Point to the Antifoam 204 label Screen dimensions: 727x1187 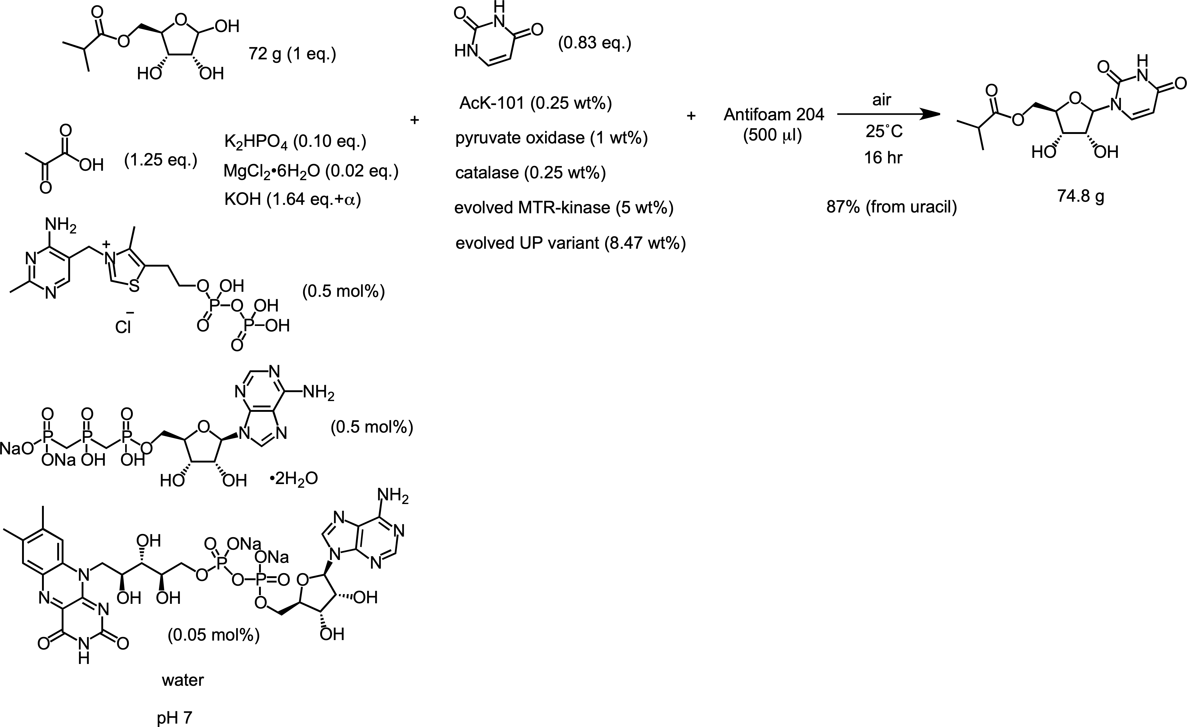(x=774, y=115)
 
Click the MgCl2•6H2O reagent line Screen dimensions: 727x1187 (x=311, y=171)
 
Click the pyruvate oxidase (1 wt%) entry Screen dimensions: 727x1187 (x=551, y=138)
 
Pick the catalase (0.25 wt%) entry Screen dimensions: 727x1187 (x=530, y=173)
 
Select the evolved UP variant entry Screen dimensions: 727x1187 (x=570, y=243)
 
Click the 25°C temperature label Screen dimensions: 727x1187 (x=884, y=131)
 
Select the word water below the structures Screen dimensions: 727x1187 (x=183, y=680)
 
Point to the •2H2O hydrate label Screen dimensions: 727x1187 (x=294, y=479)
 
